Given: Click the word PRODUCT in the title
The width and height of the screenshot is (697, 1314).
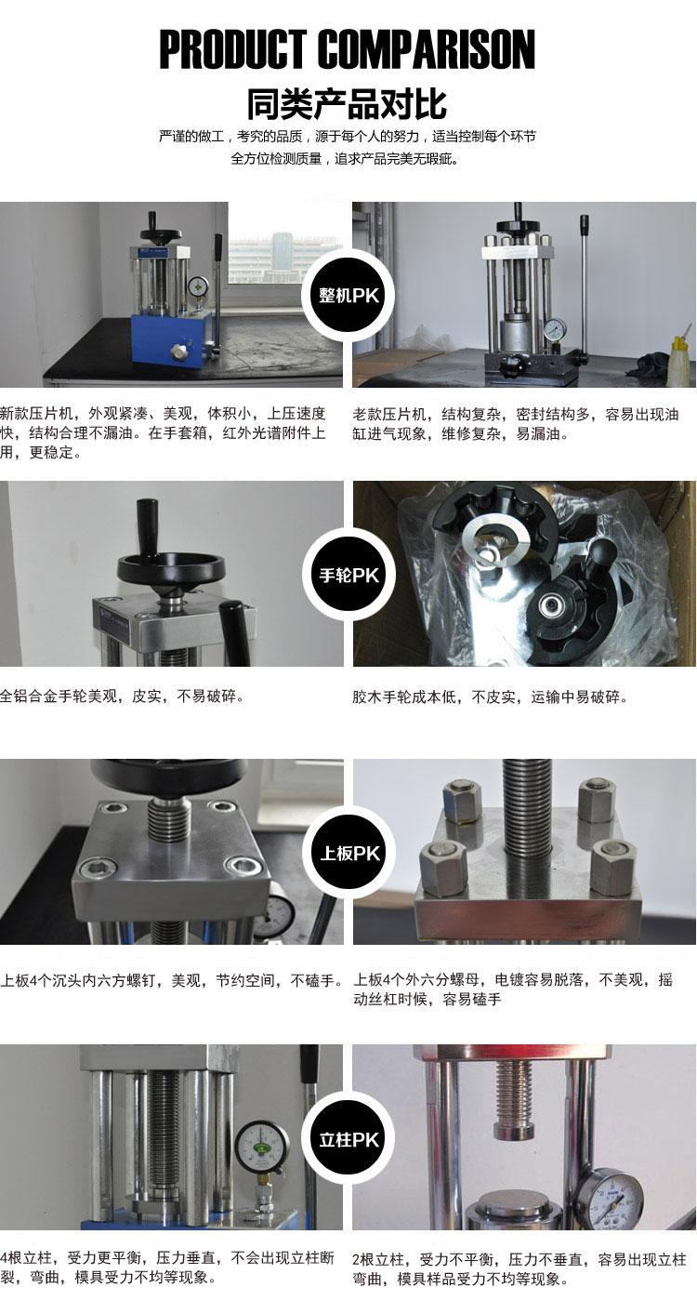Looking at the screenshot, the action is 232,50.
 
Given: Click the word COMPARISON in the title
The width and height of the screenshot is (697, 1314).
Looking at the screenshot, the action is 427,50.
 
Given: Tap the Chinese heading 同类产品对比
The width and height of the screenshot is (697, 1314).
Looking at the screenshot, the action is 347,104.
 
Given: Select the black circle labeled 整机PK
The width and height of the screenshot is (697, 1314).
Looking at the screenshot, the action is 348,295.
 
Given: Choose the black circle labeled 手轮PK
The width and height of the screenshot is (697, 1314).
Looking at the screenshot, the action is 348,575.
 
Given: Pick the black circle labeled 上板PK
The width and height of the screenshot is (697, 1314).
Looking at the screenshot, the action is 348,853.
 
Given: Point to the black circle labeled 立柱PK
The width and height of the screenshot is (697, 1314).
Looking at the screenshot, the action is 348,1139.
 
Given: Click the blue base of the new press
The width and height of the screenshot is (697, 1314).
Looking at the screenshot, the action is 171,342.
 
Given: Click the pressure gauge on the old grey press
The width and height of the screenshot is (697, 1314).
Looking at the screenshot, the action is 554,327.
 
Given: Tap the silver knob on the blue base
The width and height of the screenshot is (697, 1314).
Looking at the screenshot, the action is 177,351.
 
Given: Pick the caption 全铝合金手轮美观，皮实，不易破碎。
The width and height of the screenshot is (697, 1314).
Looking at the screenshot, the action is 123,696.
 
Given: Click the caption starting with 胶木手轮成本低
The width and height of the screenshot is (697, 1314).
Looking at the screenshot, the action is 490,697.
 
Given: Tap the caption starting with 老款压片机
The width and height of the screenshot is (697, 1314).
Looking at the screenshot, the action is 515,424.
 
